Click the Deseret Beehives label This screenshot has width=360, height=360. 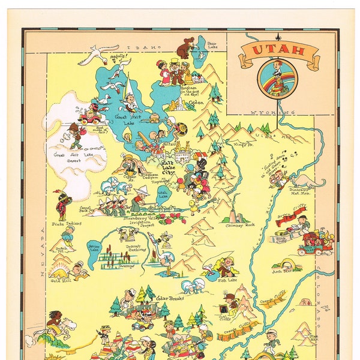click(128, 236)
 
